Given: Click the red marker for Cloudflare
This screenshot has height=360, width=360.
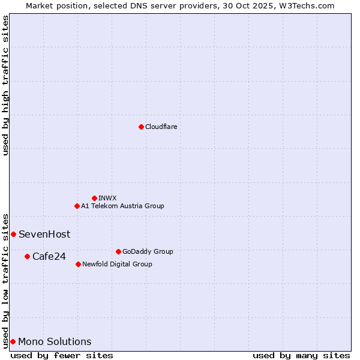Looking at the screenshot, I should tap(141, 127).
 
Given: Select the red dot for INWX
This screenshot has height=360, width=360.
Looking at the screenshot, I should tap(94, 198).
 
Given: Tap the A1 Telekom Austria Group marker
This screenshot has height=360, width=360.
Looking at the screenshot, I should tap(77, 206).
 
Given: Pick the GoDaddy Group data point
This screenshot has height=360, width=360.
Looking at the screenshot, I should tap(118, 251).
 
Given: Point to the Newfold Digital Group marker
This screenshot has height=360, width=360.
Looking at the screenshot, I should tap(78, 264).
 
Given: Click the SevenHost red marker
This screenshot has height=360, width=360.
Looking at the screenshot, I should tap(13, 234).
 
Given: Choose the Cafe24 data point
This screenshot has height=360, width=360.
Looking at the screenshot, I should tap(27, 256).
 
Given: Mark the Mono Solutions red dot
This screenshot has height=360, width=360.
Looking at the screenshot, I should tap(13, 341).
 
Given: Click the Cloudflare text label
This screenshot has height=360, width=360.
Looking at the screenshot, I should tap(161, 127).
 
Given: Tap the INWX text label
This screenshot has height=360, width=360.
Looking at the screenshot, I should tap(107, 198).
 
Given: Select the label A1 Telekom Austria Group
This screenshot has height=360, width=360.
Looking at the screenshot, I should tap(122, 206).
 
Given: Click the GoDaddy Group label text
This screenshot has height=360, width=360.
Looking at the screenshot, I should tap(148, 251).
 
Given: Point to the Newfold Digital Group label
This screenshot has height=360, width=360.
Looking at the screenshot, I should tap(117, 264).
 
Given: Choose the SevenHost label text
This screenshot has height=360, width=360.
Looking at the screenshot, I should tap(44, 234).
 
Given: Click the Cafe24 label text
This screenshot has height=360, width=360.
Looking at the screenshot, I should tap(49, 257).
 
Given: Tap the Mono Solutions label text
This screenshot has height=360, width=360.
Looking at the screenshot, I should tap(55, 342).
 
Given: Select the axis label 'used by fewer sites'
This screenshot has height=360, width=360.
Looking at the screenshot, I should tap(62, 355).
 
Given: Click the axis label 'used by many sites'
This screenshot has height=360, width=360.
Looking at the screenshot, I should tap(301, 355).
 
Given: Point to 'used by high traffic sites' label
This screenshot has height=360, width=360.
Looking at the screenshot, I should tap(5, 85).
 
